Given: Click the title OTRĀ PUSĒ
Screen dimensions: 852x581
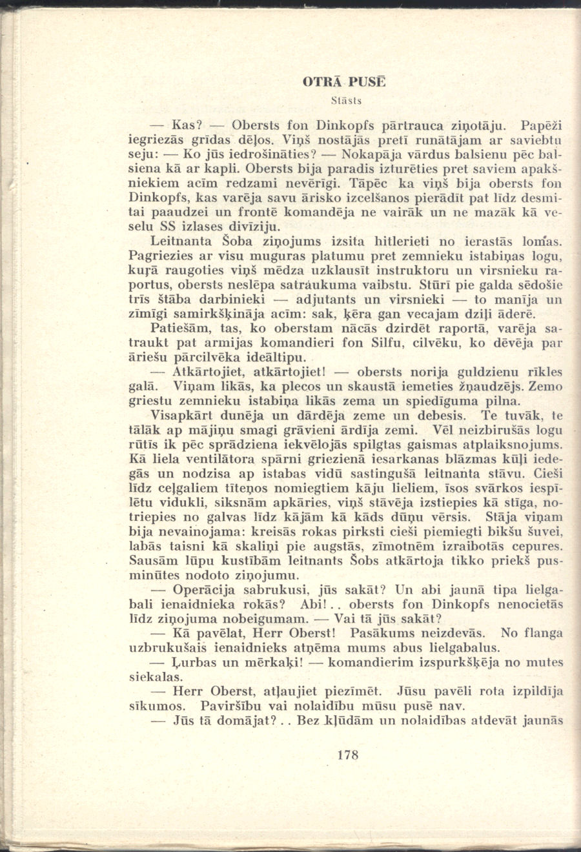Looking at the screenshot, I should coord(345,83).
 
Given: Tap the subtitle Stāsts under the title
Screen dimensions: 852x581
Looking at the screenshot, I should coord(345,101).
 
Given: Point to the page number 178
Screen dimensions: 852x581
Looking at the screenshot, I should coord(347,755).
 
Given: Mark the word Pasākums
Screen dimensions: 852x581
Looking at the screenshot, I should coord(376,633).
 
